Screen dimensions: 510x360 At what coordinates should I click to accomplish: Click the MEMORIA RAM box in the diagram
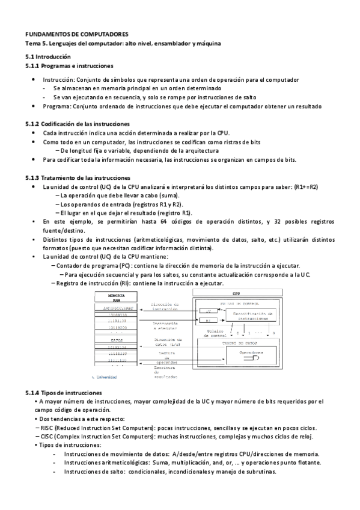[x=115, y=298]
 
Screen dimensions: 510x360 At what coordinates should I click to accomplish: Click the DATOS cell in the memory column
[x=115, y=339]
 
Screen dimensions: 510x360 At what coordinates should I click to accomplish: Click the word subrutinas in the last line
[x=259, y=472]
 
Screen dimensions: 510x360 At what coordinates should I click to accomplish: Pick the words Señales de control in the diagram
[x=215, y=332]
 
